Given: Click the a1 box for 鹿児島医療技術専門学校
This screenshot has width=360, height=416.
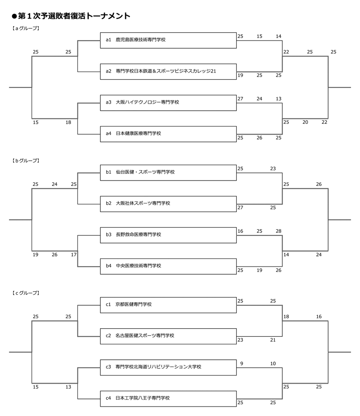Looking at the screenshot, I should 168,40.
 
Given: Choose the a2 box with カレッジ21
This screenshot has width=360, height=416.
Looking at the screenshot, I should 168,71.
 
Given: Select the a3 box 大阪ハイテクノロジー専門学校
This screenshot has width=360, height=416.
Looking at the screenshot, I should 168,103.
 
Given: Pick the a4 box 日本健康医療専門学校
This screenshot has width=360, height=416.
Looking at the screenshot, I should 168,134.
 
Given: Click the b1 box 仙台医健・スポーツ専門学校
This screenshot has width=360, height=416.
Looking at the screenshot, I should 168,172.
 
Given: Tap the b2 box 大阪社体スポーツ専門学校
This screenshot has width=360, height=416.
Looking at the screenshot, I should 168,203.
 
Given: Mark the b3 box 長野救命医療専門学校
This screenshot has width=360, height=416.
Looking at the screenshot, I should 168,235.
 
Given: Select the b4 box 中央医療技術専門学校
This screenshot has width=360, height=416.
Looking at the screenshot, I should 168,266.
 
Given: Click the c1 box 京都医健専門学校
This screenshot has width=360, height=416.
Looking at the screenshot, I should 168,304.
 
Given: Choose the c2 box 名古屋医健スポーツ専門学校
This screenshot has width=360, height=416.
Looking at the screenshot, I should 168,335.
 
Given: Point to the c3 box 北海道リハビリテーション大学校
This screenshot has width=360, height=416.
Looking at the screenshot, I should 168,367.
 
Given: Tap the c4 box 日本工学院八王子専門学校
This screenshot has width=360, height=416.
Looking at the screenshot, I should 168,398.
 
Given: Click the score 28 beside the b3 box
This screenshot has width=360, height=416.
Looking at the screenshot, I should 279,231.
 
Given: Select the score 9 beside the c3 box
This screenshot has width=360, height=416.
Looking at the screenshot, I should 242,363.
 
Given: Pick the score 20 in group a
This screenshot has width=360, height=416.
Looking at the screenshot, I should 305,122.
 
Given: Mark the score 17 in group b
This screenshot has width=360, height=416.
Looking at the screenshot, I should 74,254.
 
